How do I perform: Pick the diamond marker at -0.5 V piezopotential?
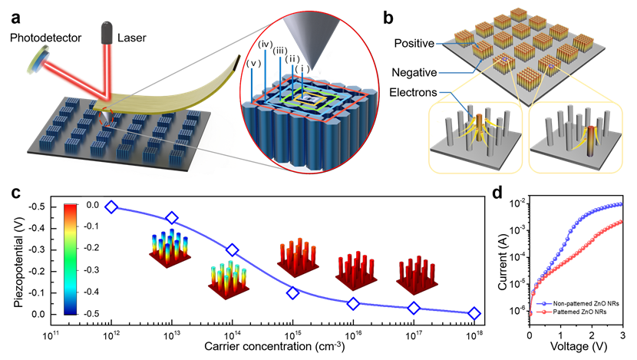(111, 207)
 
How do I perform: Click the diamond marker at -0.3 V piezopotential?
(233, 249)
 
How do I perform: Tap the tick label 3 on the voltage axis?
(622, 335)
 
